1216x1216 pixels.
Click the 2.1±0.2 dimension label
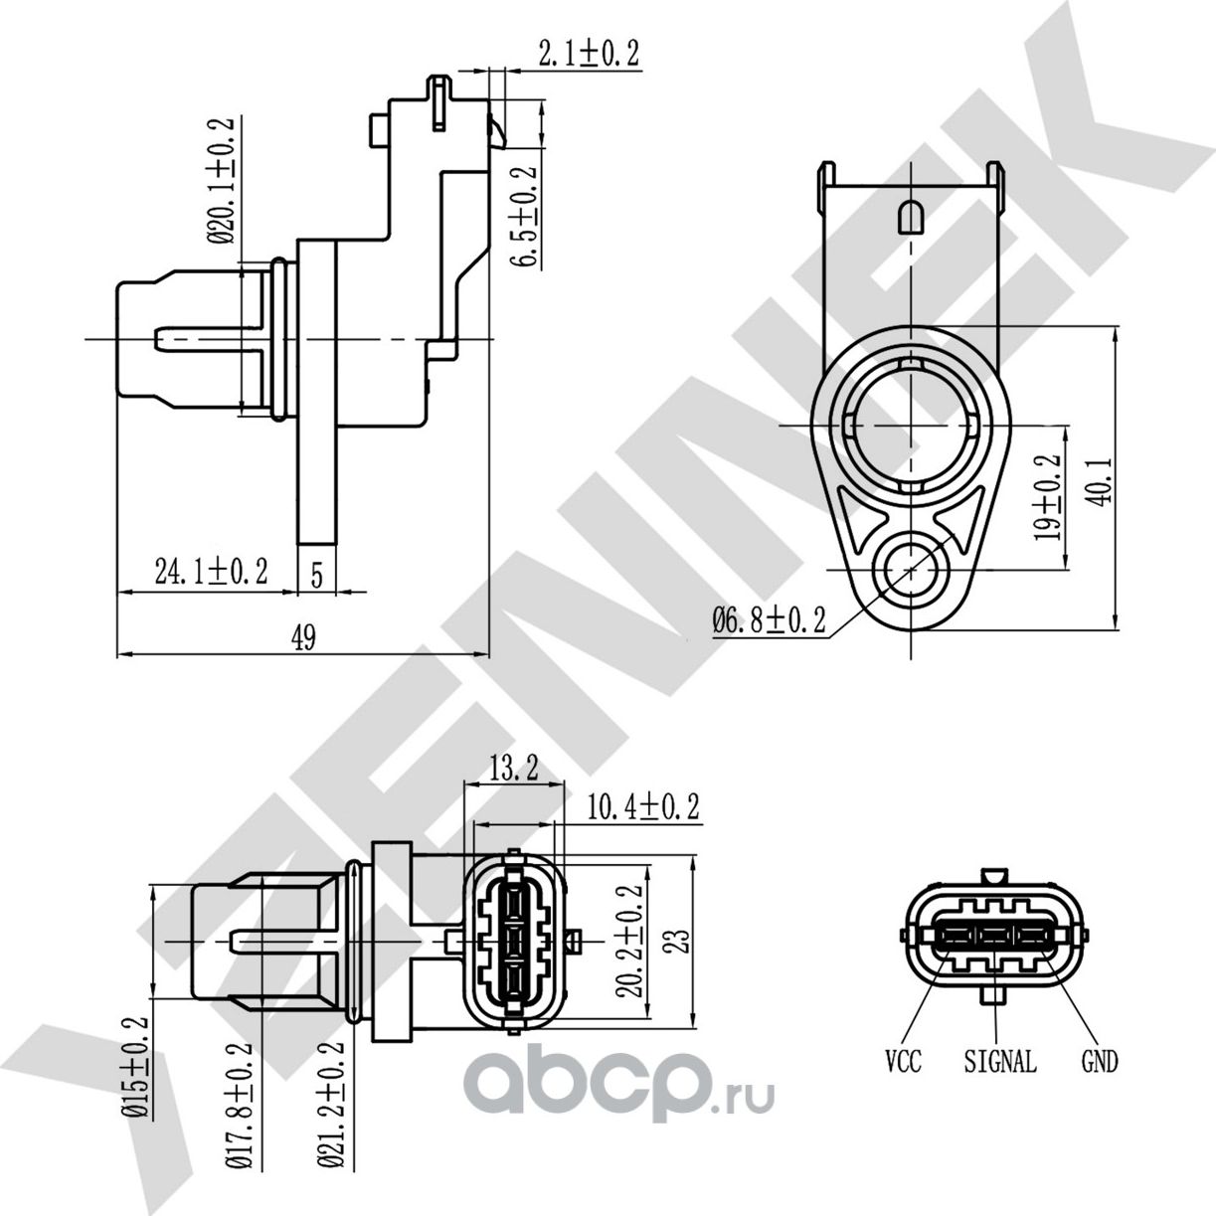coord(588,54)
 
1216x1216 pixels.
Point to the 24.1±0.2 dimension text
coord(211,572)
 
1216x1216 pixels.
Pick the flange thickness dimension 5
coord(316,574)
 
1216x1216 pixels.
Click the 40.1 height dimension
coord(1099,481)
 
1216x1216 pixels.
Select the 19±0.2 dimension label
coord(1047,498)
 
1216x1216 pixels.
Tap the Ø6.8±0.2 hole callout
coord(769,621)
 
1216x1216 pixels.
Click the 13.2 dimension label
coord(513,768)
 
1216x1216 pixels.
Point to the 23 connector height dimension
coord(678,941)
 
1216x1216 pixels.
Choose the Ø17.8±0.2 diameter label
coord(235,1104)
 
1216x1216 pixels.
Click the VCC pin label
coord(904,1062)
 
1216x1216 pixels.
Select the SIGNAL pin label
coord(1000,1062)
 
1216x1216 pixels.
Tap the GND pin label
coord(1100,1062)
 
